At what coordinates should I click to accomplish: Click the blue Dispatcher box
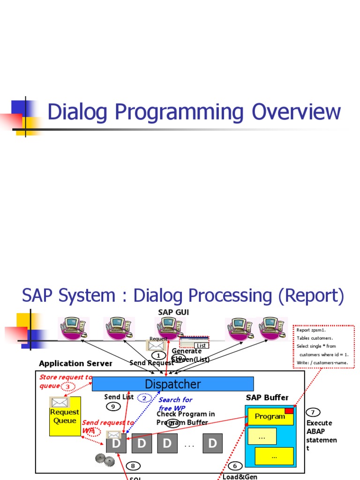coord(172,384)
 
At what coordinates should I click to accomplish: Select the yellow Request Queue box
coord(65,417)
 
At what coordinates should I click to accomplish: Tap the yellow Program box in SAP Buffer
coord(270,416)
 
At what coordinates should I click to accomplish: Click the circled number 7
coord(313,412)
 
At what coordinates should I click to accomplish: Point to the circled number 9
coord(113,406)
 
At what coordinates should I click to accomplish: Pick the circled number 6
coord(235,466)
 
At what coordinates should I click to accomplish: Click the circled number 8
coord(133,465)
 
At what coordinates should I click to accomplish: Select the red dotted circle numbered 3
coord(68,386)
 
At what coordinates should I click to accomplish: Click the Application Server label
coord(75,363)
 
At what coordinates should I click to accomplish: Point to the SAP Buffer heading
coord(267,397)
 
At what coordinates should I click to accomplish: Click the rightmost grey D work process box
coord(212,443)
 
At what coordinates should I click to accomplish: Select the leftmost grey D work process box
coord(116,443)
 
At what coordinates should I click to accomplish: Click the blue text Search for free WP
coord(175,404)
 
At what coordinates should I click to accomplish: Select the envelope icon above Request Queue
coord(60,402)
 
